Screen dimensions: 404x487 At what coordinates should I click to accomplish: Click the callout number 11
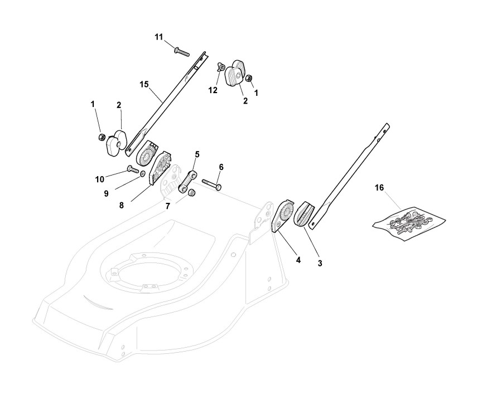(159, 37)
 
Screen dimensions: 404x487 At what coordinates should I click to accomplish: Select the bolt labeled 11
(182, 52)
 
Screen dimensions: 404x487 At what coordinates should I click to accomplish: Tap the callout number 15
(144, 84)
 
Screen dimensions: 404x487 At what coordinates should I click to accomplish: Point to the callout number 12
(213, 89)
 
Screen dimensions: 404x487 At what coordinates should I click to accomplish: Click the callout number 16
(379, 188)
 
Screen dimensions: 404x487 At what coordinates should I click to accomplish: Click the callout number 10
(100, 179)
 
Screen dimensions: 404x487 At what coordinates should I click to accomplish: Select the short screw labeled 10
(133, 168)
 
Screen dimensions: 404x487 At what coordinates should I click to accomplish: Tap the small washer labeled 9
(142, 175)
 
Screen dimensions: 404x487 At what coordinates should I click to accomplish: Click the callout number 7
(167, 207)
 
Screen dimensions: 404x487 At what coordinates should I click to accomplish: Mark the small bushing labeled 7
(190, 193)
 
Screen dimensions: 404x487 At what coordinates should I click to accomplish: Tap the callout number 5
(197, 153)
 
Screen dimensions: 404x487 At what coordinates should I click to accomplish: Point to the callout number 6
(221, 167)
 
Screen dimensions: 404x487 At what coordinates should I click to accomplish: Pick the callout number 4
(298, 260)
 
